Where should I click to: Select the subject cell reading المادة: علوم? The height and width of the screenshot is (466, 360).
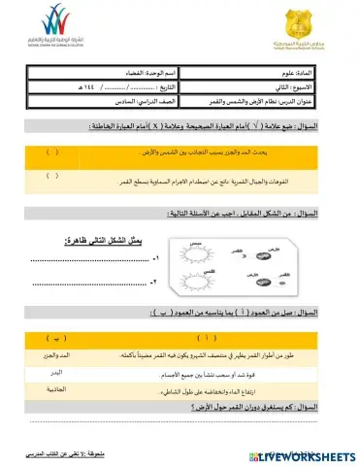311,73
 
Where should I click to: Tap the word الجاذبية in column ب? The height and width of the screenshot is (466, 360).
51,388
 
